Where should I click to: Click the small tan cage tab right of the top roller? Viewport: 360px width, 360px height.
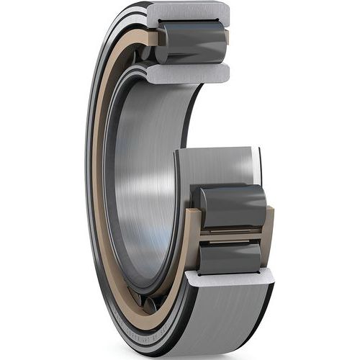click(226, 36)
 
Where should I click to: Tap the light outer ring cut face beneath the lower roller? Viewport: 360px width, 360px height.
click(229, 278)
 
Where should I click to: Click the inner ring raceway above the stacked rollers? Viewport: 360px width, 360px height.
click(216, 166)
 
